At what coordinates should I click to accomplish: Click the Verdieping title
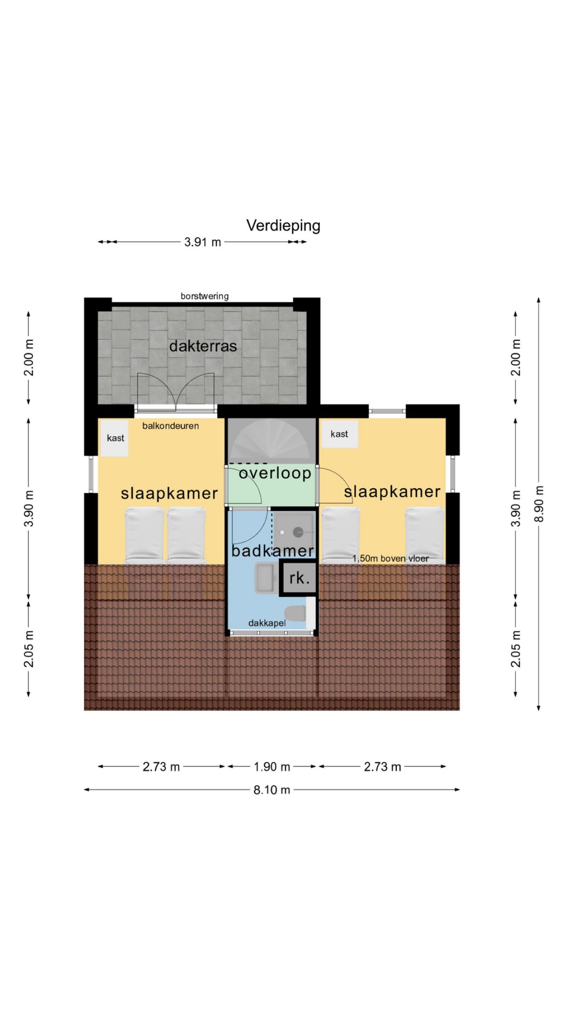tap(283, 226)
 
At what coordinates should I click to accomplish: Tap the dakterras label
tap(203, 346)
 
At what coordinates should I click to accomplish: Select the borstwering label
tap(205, 296)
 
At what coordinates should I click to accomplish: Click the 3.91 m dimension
tap(203, 242)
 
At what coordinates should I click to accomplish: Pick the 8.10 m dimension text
tap(272, 790)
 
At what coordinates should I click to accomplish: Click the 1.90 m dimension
tap(272, 766)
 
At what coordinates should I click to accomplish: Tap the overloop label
tap(275, 473)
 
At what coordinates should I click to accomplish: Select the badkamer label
tap(273, 550)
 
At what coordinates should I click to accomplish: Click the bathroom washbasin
tap(267, 578)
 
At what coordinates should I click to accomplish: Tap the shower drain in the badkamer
tap(298, 532)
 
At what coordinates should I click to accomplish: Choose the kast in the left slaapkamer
tap(115, 438)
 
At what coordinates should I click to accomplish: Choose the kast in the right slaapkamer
tap(339, 434)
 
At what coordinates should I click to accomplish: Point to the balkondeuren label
tap(171, 426)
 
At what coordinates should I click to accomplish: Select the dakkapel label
tap(267, 623)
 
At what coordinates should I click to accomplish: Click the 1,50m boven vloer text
tap(391, 559)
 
